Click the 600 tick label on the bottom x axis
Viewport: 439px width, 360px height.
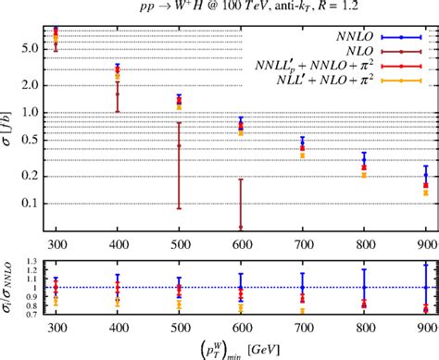pos(241,327)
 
